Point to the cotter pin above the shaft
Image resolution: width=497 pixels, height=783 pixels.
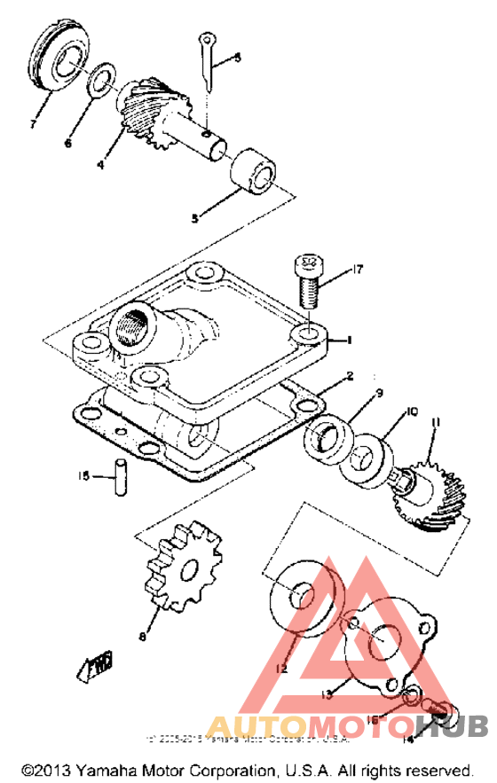click(208, 62)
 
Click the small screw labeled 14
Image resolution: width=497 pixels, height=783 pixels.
click(440, 709)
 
